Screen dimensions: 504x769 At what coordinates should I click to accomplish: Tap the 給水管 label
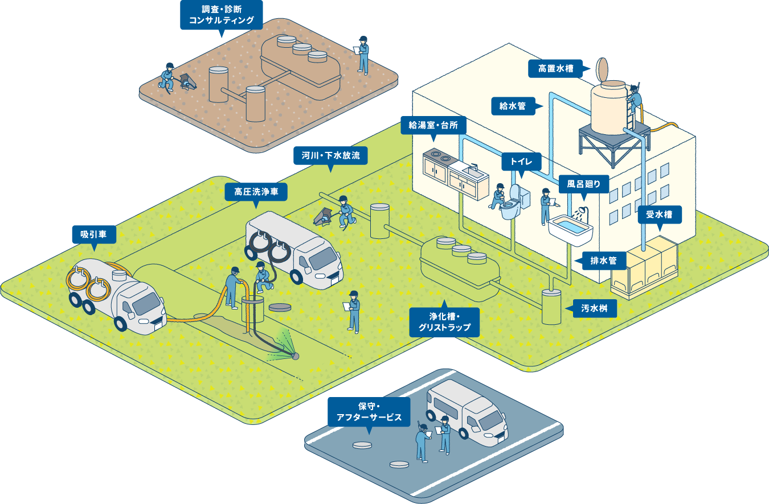point(512,106)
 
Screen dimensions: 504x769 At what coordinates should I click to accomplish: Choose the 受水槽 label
point(659,215)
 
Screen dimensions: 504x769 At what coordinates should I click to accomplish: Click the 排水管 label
point(604,261)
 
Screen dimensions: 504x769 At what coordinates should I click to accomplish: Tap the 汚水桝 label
point(599,309)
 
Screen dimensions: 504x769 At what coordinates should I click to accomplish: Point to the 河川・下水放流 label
point(330,155)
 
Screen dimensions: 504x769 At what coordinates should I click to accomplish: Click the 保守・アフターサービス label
point(374,412)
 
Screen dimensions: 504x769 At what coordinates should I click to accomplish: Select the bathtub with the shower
point(571,229)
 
